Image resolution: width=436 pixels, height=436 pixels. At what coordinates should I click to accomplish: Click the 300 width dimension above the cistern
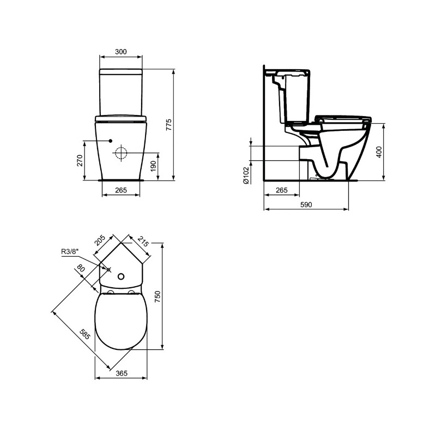[121, 51]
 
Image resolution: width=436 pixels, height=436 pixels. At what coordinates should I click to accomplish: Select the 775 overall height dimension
[169, 124]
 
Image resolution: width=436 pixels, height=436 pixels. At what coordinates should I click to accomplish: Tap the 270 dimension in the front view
[80, 160]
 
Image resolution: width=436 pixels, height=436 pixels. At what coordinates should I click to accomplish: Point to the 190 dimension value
[153, 165]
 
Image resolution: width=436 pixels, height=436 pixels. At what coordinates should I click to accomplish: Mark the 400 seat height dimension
[379, 151]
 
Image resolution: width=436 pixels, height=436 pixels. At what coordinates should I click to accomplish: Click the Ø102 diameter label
[246, 175]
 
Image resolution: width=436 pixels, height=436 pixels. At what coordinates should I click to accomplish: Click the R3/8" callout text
[70, 251]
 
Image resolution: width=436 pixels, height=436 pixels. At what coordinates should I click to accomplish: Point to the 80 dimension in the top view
[81, 269]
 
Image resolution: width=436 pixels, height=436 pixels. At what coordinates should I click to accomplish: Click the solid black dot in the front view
[110, 140]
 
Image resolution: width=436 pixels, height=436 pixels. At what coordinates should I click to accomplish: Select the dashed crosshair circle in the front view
[121, 153]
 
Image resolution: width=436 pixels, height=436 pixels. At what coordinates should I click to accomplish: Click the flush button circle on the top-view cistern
[121, 275]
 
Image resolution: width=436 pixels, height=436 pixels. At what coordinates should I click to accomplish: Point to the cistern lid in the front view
[121, 71]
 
